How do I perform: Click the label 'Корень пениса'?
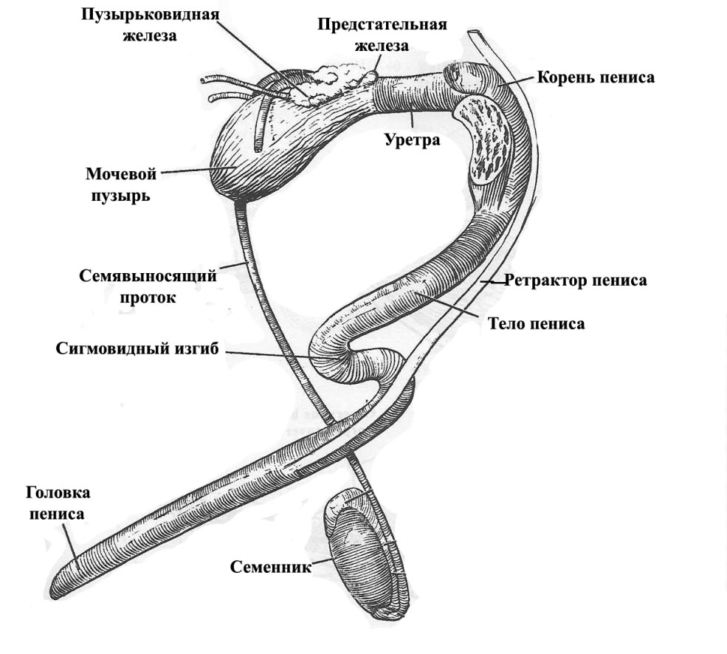(x=596, y=77)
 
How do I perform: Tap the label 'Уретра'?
(x=412, y=138)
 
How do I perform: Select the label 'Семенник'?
(x=270, y=567)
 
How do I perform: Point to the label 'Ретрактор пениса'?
(x=576, y=280)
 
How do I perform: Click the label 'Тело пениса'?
(x=537, y=323)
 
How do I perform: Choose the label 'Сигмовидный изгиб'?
(x=137, y=348)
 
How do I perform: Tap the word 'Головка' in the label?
(x=58, y=493)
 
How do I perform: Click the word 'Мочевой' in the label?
(x=122, y=175)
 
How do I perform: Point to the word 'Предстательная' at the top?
(x=382, y=25)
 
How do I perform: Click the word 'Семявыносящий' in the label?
(x=148, y=278)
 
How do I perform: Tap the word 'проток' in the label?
(x=147, y=297)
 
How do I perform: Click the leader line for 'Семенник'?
(x=323, y=562)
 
